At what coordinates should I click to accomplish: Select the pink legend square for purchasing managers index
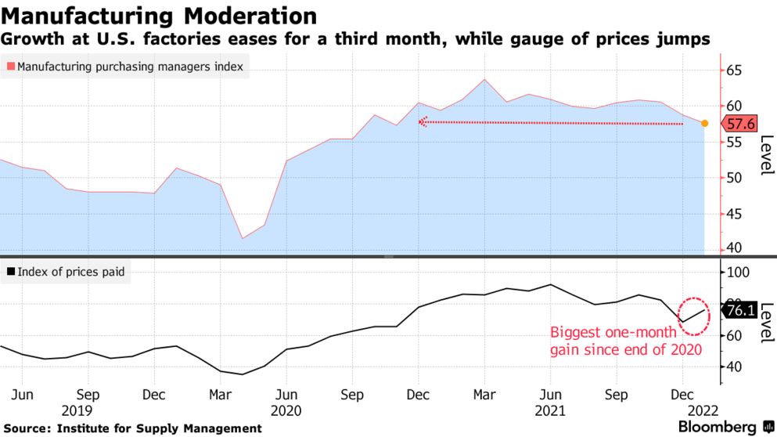click(x=10, y=67)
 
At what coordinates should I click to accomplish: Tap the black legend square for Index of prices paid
click(x=10, y=273)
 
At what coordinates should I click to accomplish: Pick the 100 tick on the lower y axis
click(x=739, y=273)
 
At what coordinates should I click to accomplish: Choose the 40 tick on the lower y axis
click(x=736, y=367)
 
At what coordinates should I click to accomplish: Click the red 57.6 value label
click(x=739, y=124)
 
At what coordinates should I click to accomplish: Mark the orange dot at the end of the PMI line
click(x=704, y=123)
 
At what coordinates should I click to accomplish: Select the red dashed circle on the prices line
click(x=695, y=316)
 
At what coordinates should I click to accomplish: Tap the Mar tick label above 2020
click(x=221, y=394)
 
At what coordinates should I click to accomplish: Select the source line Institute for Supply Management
click(x=133, y=428)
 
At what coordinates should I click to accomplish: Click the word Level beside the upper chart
click(x=767, y=155)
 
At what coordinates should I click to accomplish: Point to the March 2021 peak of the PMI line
click(x=485, y=79)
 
